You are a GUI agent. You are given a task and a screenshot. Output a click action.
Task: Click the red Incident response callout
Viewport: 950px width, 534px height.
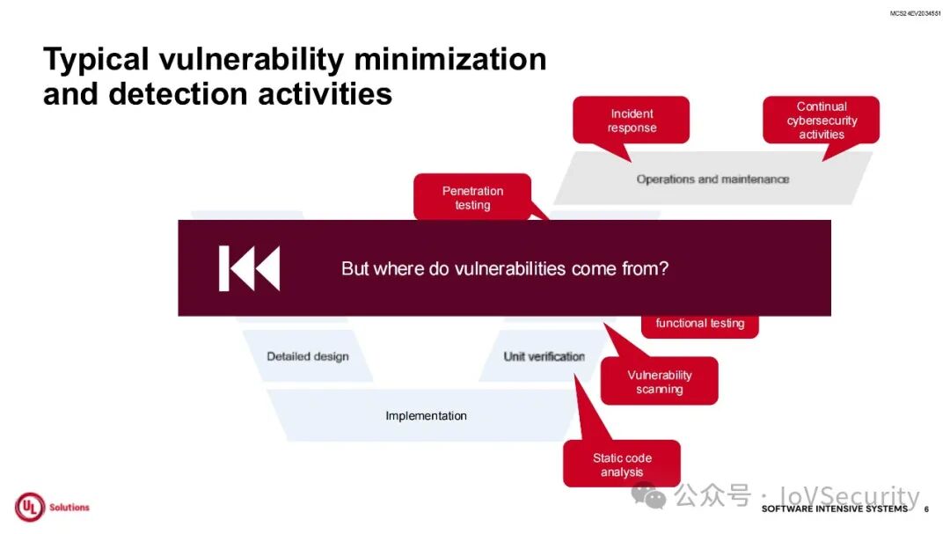pyautogui.click(x=631, y=121)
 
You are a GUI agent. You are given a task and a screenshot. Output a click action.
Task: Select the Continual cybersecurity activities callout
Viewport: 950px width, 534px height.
pyautogui.click(x=821, y=121)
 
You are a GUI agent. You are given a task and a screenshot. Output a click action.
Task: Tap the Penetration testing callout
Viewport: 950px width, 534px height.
pyautogui.click(x=472, y=197)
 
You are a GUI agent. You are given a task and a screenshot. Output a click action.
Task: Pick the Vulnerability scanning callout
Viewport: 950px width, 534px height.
pyautogui.click(x=659, y=382)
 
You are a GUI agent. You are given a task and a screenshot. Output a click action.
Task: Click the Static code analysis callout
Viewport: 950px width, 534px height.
pyautogui.click(x=622, y=465)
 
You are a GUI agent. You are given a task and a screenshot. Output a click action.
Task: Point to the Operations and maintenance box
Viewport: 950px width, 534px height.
pyautogui.click(x=712, y=179)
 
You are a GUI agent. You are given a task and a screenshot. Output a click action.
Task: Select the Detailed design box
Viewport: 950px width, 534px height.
pyautogui.click(x=308, y=356)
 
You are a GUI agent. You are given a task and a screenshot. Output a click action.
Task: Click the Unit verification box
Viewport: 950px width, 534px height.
pyautogui.click(x=544, y=356)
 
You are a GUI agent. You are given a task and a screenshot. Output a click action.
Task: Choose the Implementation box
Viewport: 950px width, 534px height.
pyautogui.click(x=426, y=415)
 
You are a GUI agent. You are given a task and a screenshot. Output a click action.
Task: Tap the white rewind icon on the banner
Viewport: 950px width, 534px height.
pyautogui.click(x=249, y=268)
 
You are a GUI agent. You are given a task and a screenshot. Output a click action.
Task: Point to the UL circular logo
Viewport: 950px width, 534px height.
pyautogui.click(x=29, y=508)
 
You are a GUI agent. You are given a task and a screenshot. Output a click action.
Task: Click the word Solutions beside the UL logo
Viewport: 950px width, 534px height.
pyautogui.click(x=69, y=508)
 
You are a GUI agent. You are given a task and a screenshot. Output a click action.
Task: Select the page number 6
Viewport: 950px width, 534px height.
pyautogui.click(x=926, y=509)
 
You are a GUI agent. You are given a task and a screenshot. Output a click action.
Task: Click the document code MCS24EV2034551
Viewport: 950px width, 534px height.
pyautogui.click(x=915, y=13)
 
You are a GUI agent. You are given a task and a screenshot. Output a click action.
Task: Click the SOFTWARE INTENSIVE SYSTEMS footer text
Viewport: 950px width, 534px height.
pyautogui.click(x=834, y=509)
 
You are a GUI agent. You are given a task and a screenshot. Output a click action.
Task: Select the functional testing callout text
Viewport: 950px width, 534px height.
pyautogui.click(x=699, y=323)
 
